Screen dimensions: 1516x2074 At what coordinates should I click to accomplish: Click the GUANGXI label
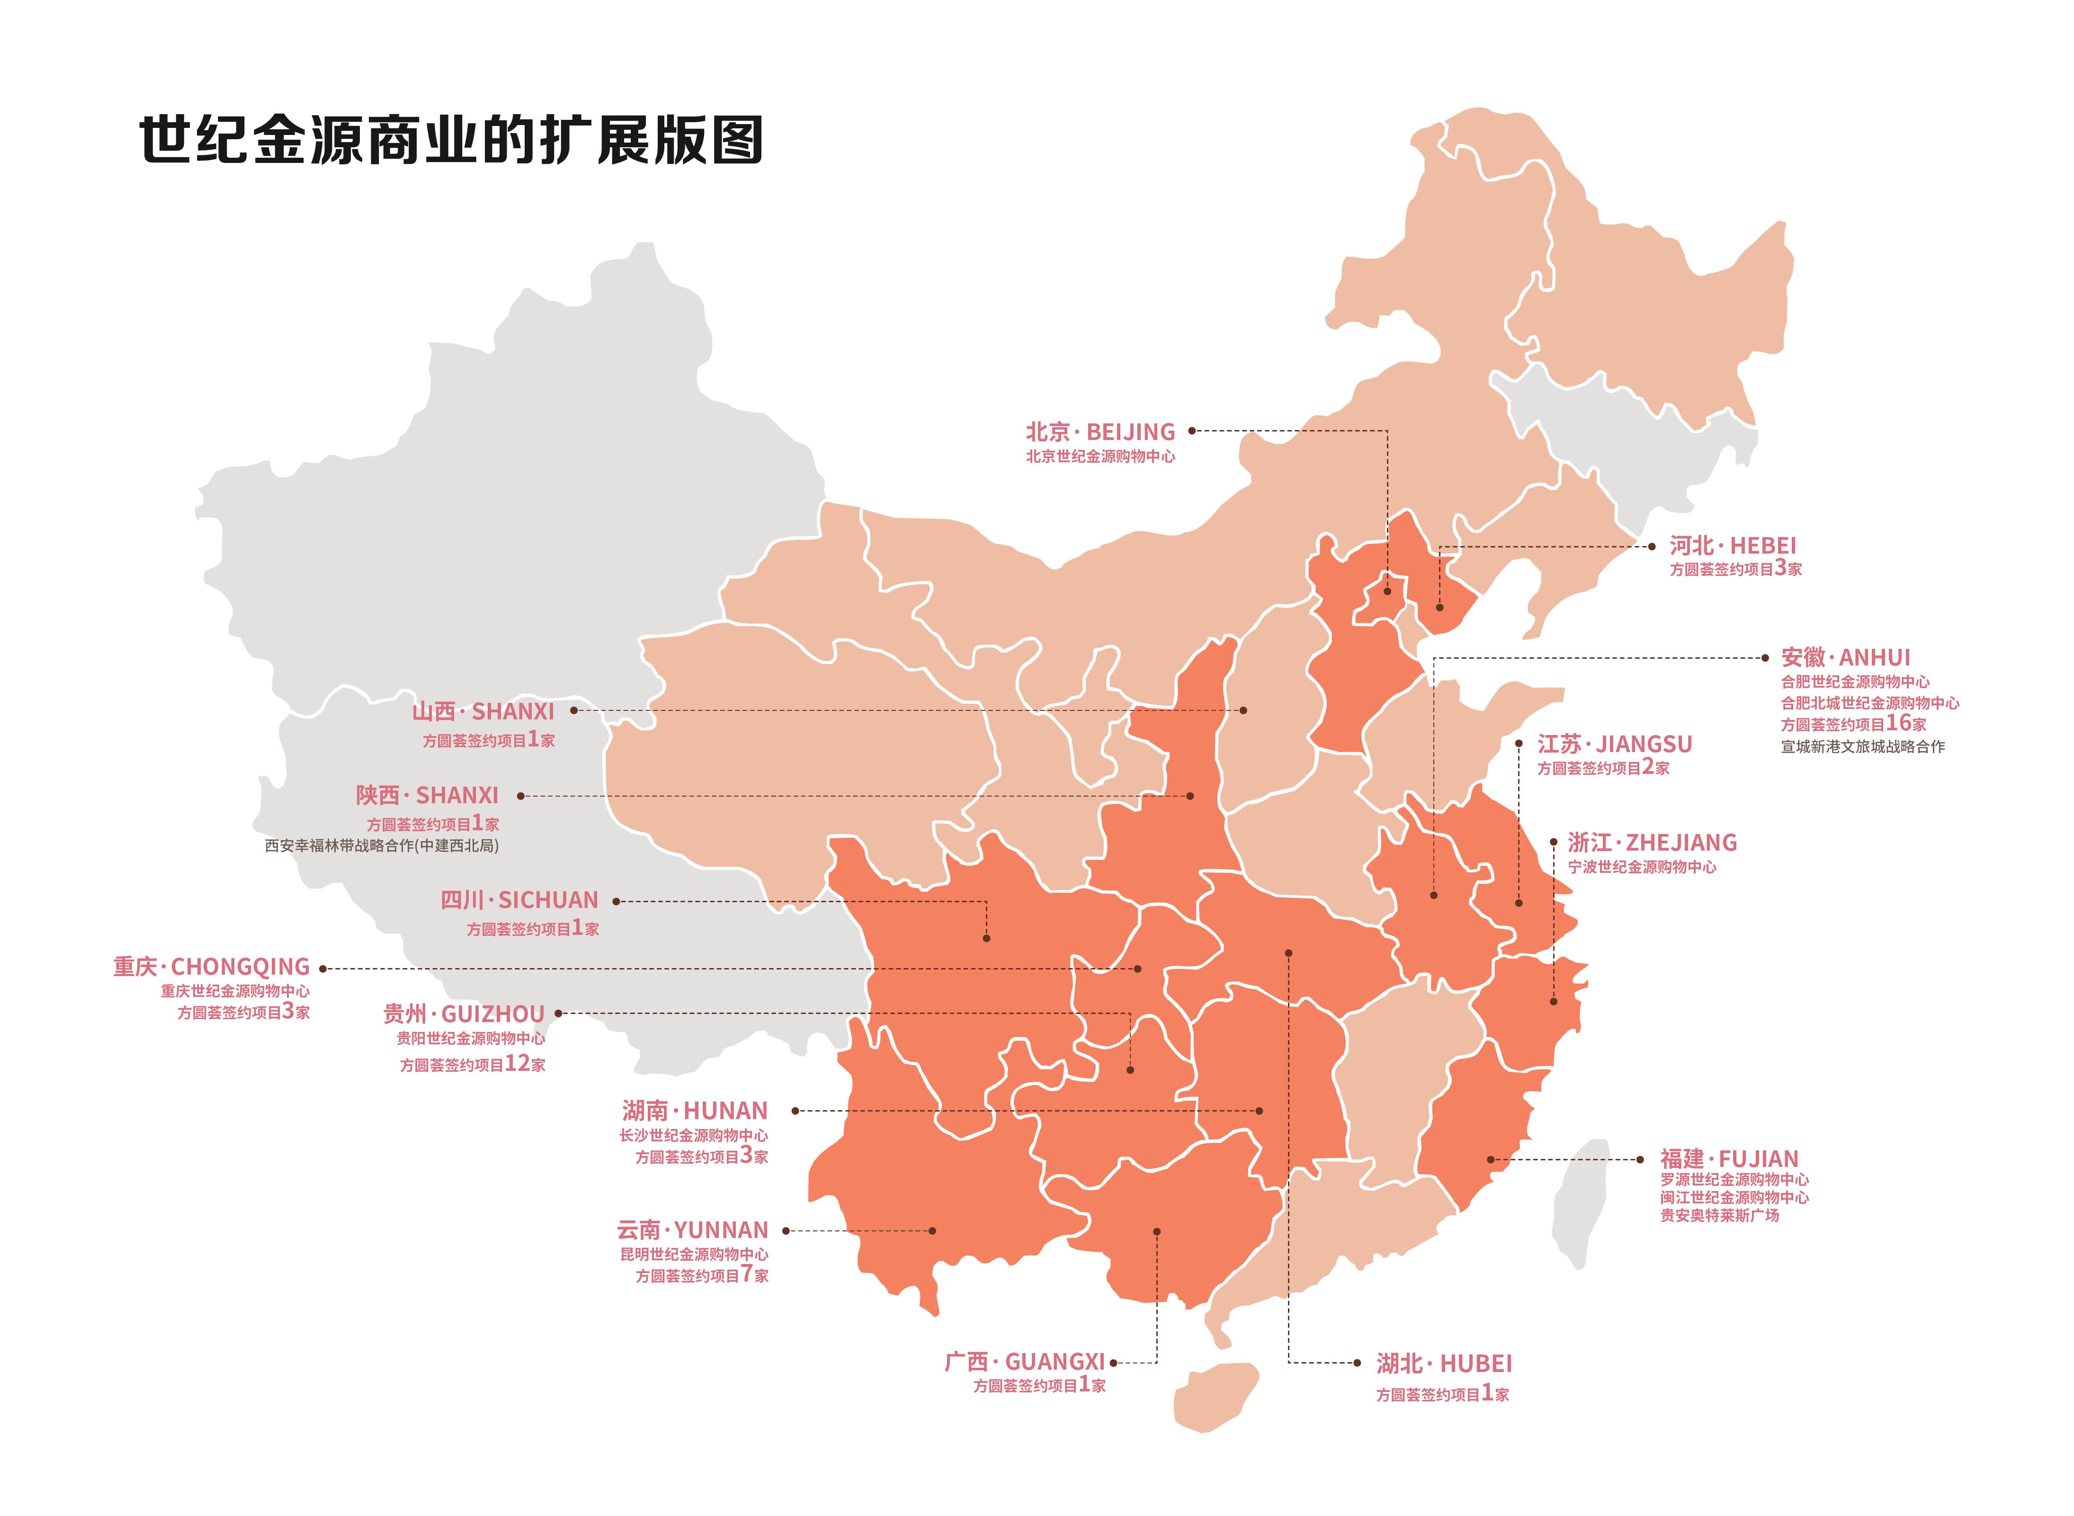[1025, 1362]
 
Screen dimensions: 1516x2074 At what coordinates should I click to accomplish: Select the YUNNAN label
[693, 1229]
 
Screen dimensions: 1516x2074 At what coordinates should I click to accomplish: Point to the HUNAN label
[694, 1111]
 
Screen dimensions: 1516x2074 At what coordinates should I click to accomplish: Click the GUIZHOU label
[464, 1014]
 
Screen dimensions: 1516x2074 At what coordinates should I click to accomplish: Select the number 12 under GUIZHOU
[518, 1064]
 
